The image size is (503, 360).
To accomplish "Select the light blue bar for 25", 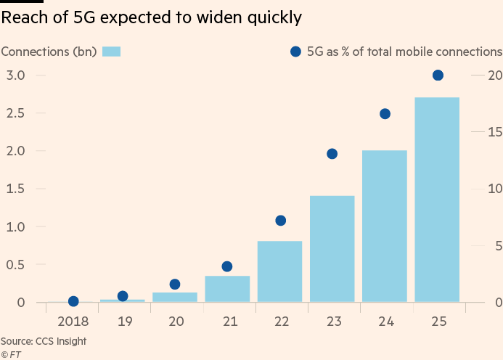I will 437,200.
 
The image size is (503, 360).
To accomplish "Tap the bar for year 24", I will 385,226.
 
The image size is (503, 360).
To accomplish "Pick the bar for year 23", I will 332,249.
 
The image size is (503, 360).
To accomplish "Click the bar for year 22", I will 279,271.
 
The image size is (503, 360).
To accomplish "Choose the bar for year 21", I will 227,288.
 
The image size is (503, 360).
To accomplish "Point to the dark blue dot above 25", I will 438,75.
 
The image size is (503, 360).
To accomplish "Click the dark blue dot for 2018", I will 73,301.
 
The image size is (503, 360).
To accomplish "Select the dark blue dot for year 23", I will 332,154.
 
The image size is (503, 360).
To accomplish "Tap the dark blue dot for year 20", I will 175,285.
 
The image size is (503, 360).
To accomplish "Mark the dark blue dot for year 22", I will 280,221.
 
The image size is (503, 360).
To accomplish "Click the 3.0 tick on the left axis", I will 16,75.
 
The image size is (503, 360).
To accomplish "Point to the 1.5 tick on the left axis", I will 16,189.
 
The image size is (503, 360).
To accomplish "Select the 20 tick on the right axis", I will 495,75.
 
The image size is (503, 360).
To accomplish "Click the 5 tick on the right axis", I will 497,246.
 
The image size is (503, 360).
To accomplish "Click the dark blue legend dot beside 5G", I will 295,52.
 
